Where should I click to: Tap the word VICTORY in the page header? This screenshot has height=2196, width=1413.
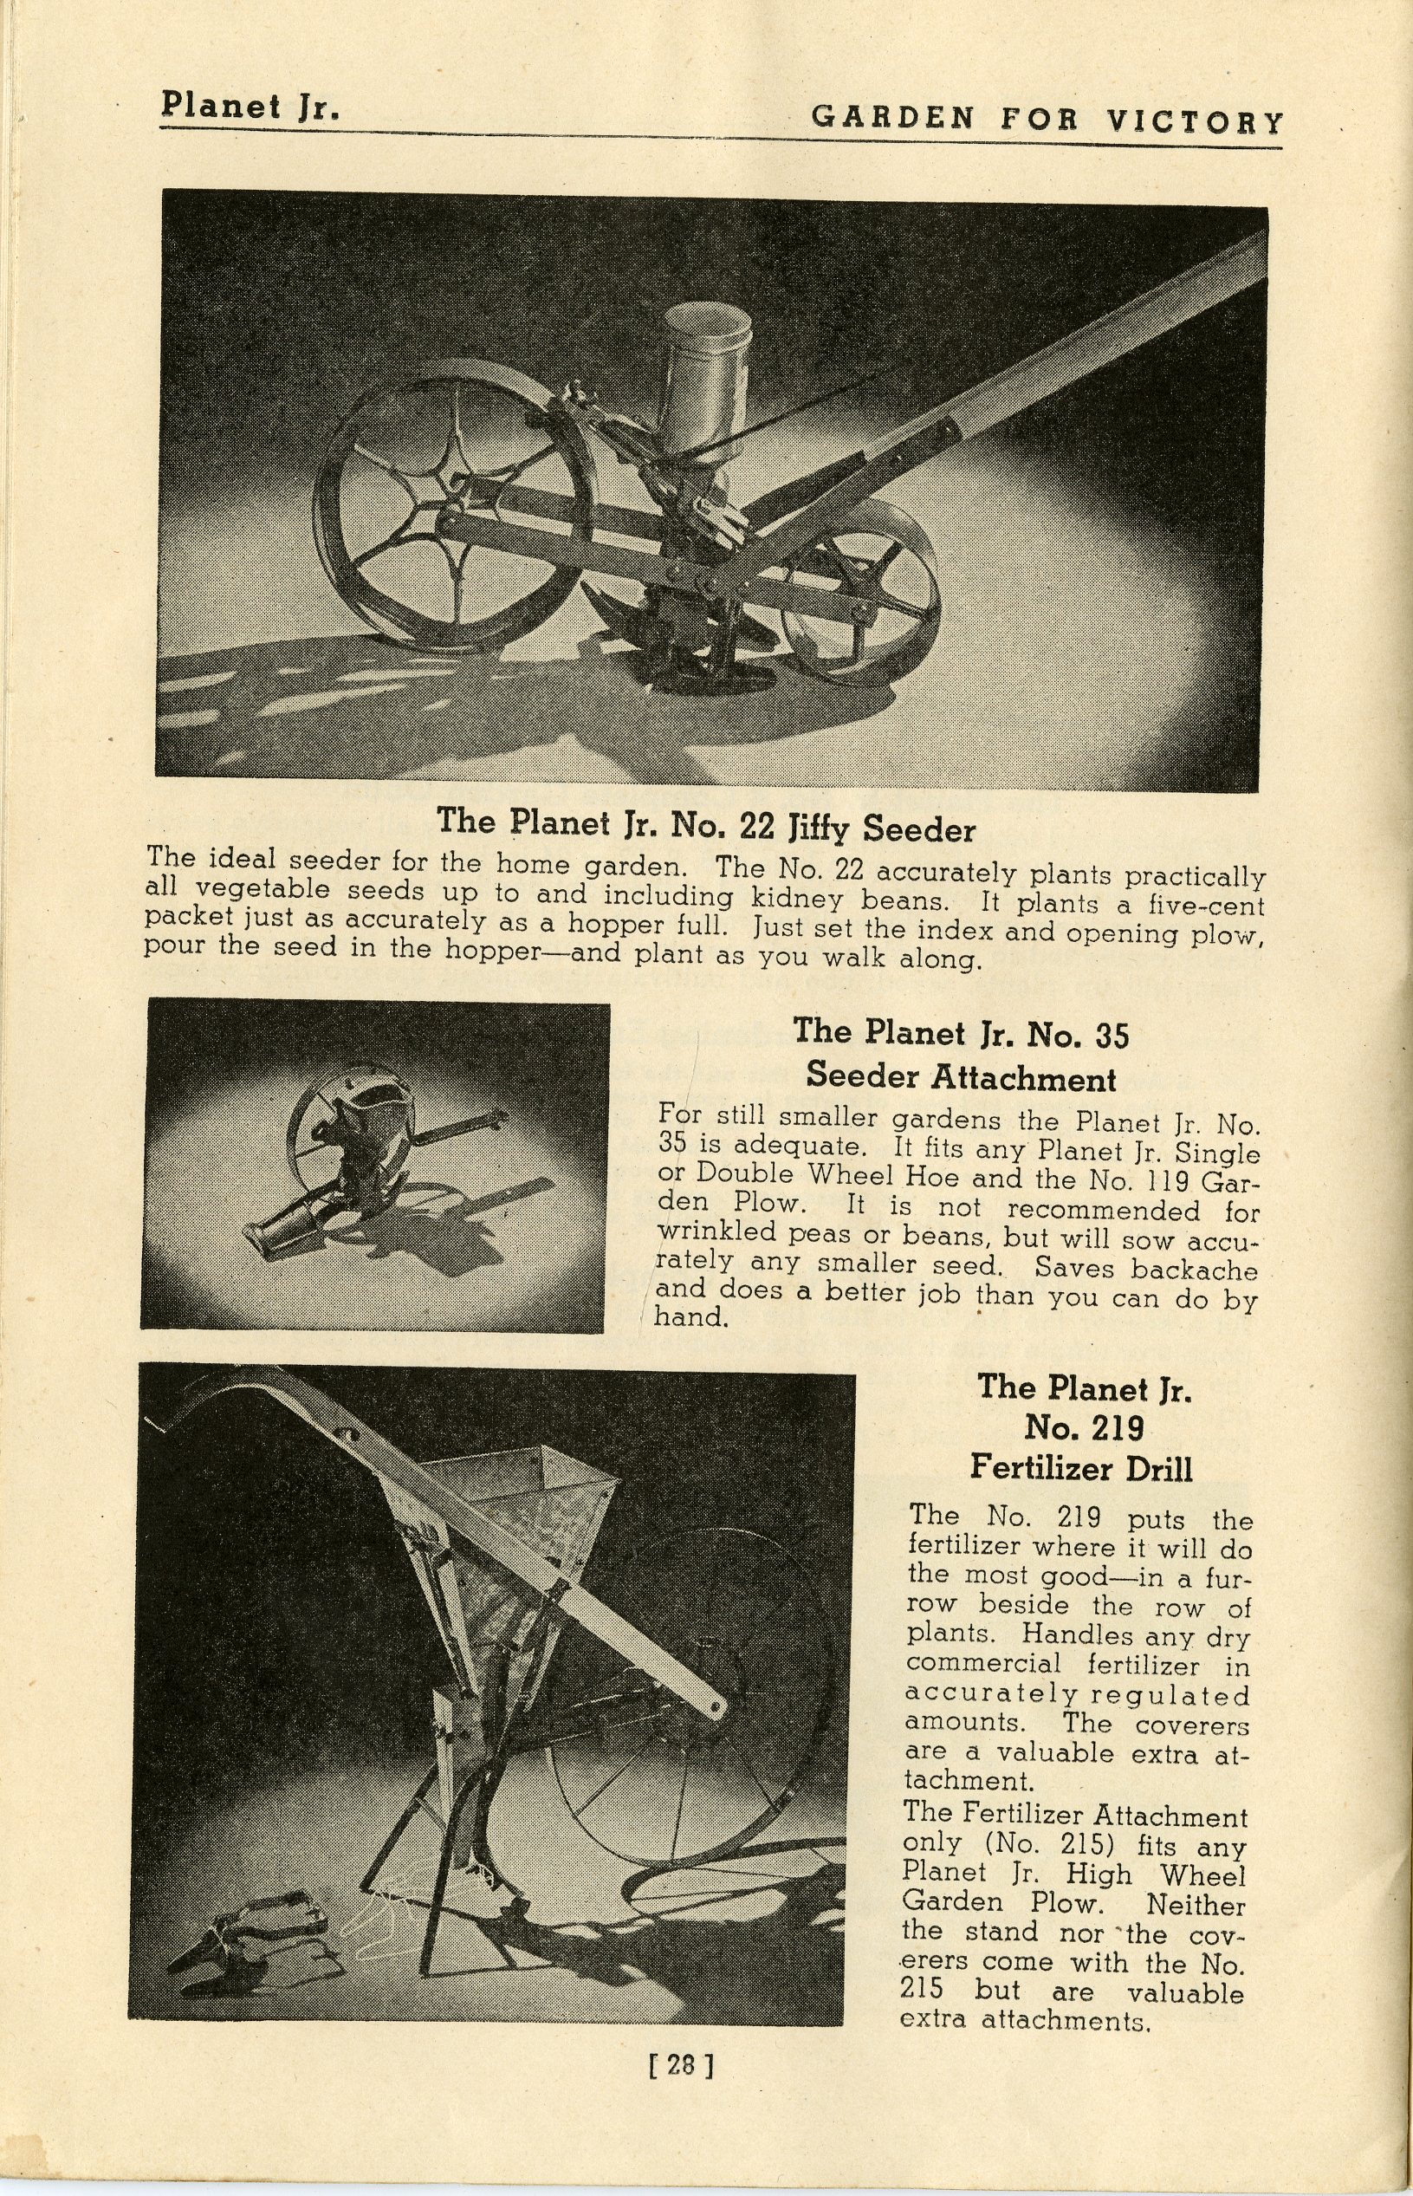click(1194, 121)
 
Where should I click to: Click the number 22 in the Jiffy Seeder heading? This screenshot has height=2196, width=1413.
click(758, 826)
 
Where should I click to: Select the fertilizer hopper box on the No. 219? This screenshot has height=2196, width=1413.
click(514, 1505)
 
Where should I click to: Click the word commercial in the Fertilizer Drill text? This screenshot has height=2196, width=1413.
click(982, 1664)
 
